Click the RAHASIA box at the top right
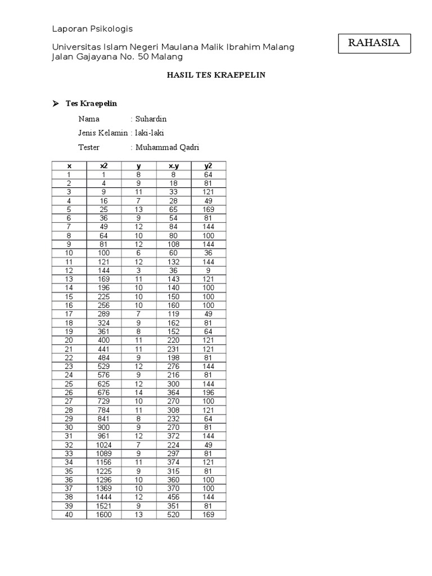point(374,43)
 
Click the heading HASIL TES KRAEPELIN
point(216,75)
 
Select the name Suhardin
point(151,119)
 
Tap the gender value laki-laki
point(150,133)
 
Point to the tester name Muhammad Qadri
point(167,147)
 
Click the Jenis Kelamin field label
point(103,133)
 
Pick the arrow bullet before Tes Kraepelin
point(56,104)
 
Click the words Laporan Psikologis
point(92,29)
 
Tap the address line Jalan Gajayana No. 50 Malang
point(117,57)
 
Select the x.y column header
point(174,165)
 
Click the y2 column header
point(209,165)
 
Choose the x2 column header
point(104,165)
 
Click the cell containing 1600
point(104,515)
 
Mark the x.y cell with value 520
point(174,515)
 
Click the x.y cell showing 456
point(174,497)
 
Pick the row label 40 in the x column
point(69,515)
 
